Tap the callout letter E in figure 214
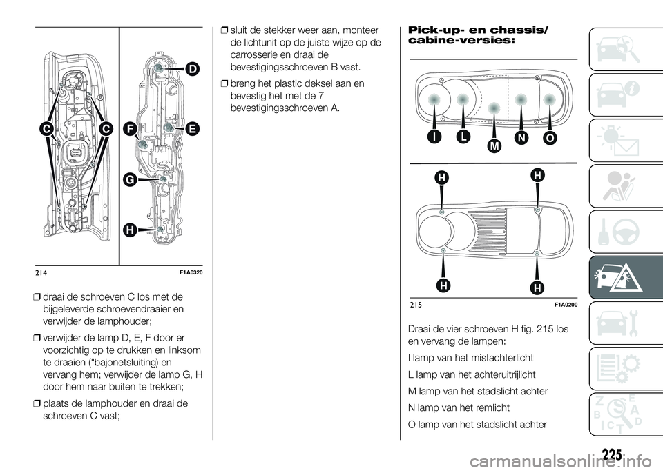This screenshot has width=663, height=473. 191,128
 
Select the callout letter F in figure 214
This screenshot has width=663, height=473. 129,128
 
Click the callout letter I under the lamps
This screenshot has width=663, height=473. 433,138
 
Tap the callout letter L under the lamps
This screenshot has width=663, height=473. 462,138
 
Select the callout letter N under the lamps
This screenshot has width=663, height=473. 521,138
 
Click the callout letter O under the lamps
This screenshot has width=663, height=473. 549,138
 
